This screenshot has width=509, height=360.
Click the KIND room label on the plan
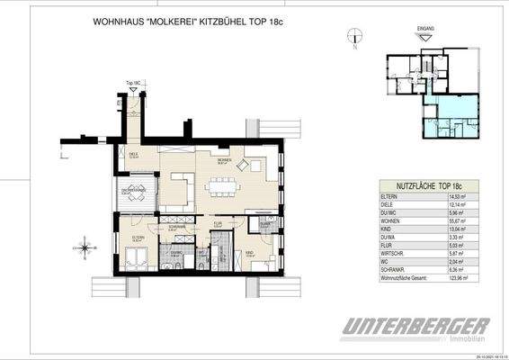coord(254,255)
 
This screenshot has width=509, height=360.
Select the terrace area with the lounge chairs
coord(135,197)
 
